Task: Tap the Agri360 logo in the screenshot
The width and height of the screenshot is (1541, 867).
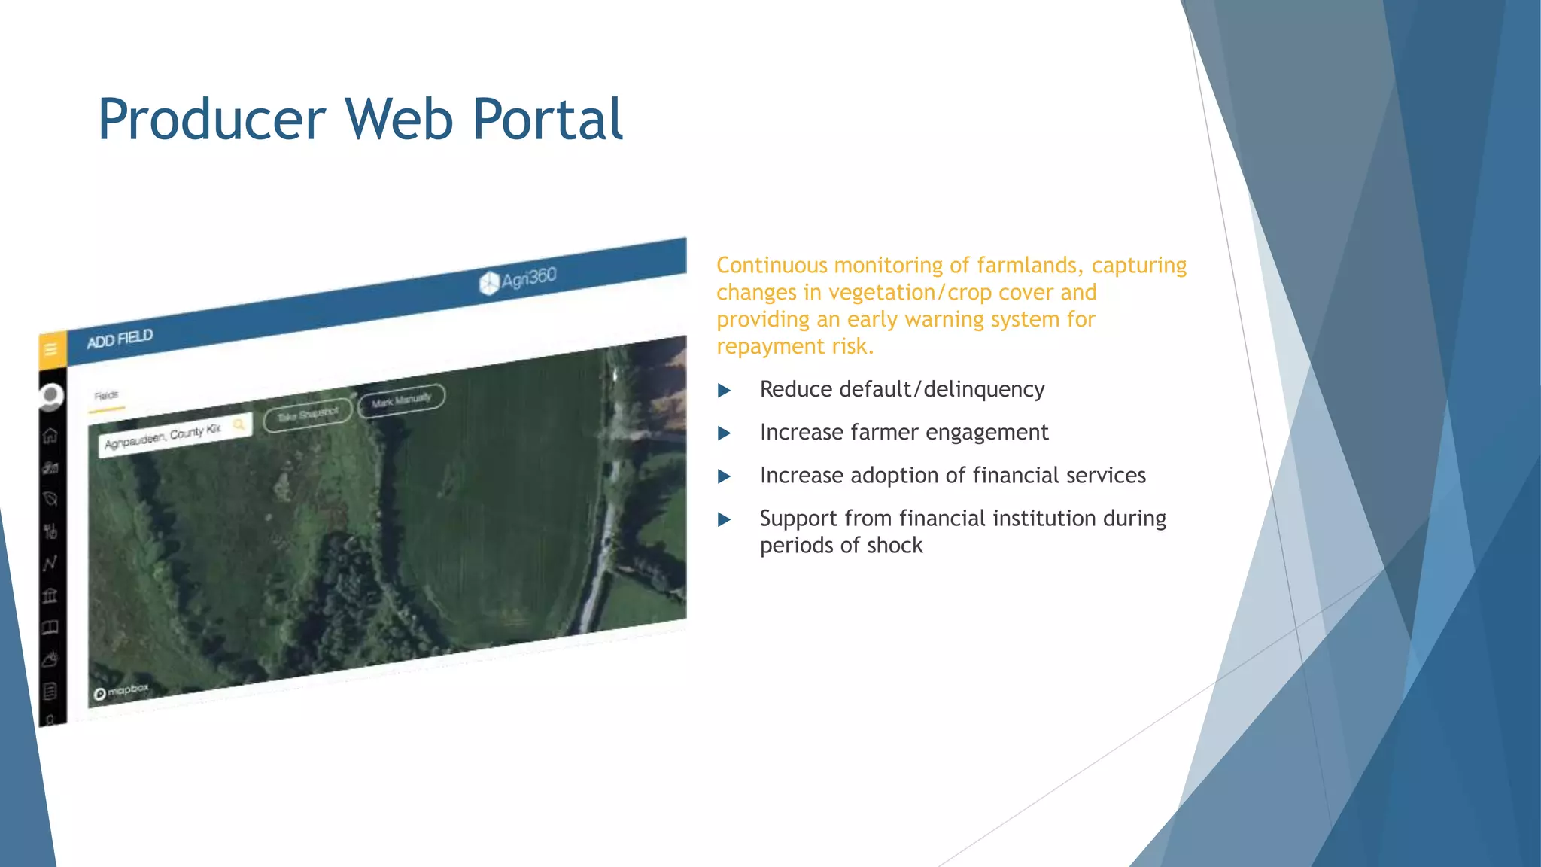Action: (518, 280)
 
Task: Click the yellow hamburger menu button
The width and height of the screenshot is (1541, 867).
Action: (51, 349)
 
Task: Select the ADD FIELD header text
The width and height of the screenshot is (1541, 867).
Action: (120, 339)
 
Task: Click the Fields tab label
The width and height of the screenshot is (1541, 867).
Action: (106, 395)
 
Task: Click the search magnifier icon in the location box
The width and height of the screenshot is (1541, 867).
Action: (239, 425)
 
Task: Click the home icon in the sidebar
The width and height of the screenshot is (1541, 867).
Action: (50, 436)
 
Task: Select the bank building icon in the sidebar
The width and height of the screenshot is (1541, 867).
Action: (50, 596)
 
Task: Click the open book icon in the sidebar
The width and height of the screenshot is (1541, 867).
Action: (50, 628)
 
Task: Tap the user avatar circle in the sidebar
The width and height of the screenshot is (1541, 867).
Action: (51, 395)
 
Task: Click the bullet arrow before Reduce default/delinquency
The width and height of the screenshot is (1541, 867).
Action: (724, 390)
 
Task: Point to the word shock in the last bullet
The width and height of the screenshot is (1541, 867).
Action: (895, 545)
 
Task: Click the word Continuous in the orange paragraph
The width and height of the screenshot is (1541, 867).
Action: (771, 266)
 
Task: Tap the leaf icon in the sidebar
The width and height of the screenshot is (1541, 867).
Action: (50, 499)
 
